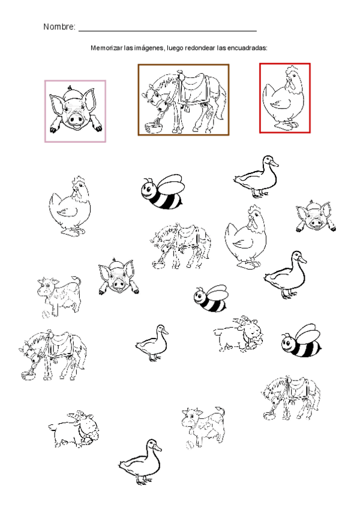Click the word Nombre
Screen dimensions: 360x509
pyautogui.click(x=58, y=26)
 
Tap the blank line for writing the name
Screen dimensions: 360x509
pyautogui.click(x=167, y=31)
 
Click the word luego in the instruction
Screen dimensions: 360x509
pyautogui.click(x=175, y=49)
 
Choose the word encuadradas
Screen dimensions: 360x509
pyautogui.click(x=250, y=48)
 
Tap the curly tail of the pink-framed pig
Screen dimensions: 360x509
pyautogui.click(x=70, y=88)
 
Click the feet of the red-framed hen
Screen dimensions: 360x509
pyautogui.click(x=286, y=125)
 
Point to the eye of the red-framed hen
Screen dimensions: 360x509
pyautogui.click(x=289, y=77)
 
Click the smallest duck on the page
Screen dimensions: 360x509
pyautogui.click(x=152, y=343)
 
